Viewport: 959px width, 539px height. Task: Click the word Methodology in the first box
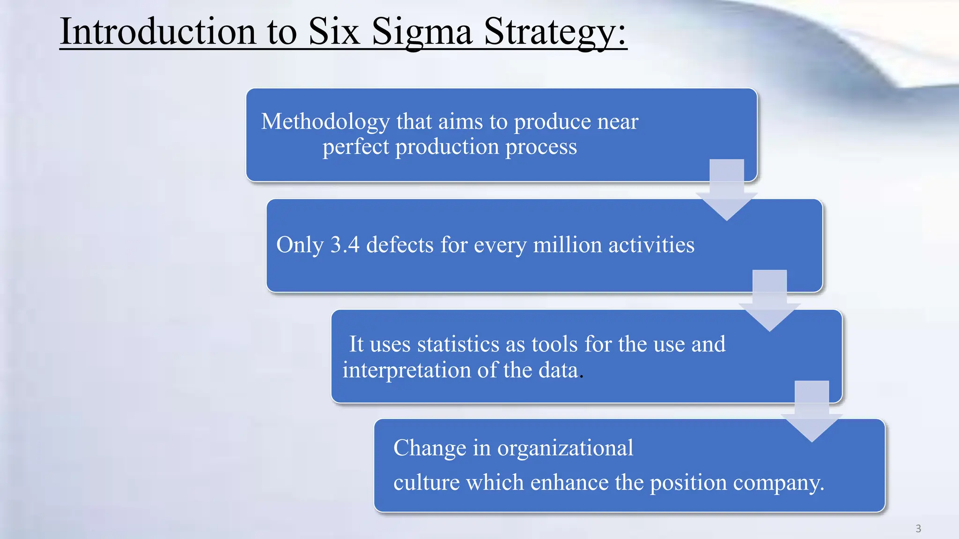tap(325, 122)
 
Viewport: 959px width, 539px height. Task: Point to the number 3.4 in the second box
tap(345, 245)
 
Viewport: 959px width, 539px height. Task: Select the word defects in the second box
tap(400, 245)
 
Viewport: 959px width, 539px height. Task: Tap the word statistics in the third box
tap(458, 344)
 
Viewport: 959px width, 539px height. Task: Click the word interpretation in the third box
tap(406, 370)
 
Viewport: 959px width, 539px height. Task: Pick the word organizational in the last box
tap(565, 448)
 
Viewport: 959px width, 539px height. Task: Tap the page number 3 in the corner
tap(918, 529)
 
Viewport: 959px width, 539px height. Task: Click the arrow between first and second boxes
tap(727, 189)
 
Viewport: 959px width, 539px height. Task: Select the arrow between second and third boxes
tap(769, 300)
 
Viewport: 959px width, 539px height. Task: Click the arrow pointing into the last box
tap(811, 411)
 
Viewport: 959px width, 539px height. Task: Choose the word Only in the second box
tap(300, 245)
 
